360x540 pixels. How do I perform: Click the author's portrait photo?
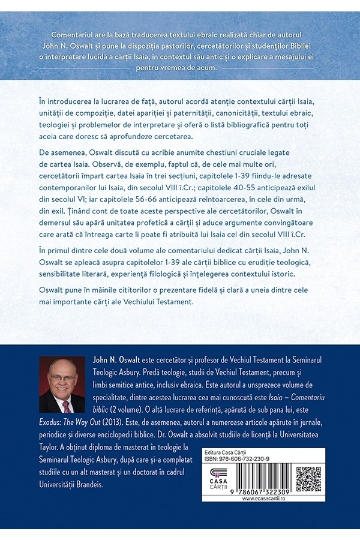tap(61, 385)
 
